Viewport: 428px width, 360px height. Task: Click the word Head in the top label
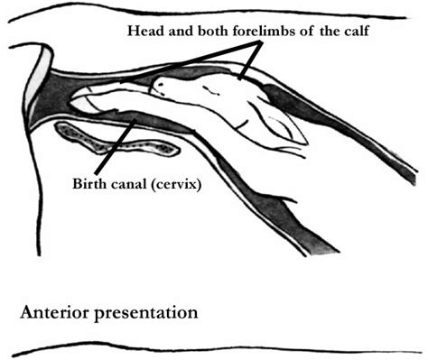pos(145,31)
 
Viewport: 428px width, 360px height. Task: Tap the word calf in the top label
pos(353,31)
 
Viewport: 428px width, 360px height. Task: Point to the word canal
pos(132,187)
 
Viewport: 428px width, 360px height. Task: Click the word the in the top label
pos(326,31)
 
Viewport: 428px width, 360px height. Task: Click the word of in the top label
pos(302,31)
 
